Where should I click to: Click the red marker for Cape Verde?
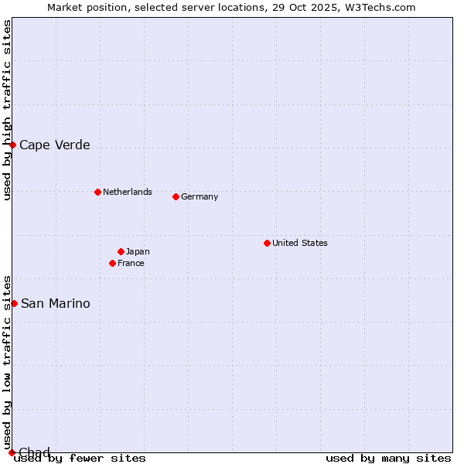[x=12, y=145]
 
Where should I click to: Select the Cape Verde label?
[x=54, y=145]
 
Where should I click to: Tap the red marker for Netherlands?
[x=97, y=192]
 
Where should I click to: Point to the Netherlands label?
[x=127, y=192]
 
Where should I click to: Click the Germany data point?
[x=176, y=196]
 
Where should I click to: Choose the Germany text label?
[x=200, y=196]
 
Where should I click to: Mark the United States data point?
[x=267, y=243]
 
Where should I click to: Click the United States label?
[x=299, y=243]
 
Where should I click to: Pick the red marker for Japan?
[x=121, y=251]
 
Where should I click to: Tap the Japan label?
[x=138, y=251]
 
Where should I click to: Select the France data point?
[x=112, y=263]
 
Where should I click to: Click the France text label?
[x=131, y=263]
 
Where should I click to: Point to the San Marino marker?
[x=14, y=303]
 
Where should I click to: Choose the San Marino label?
[x=55, y=303]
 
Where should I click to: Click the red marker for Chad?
[x=12, y=452]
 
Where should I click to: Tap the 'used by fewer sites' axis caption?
[x=80, y=458]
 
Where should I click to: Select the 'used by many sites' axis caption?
[x=388, y=458]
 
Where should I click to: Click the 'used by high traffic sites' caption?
[x=7, y=110]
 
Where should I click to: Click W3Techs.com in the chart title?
[x=380, y=7]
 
